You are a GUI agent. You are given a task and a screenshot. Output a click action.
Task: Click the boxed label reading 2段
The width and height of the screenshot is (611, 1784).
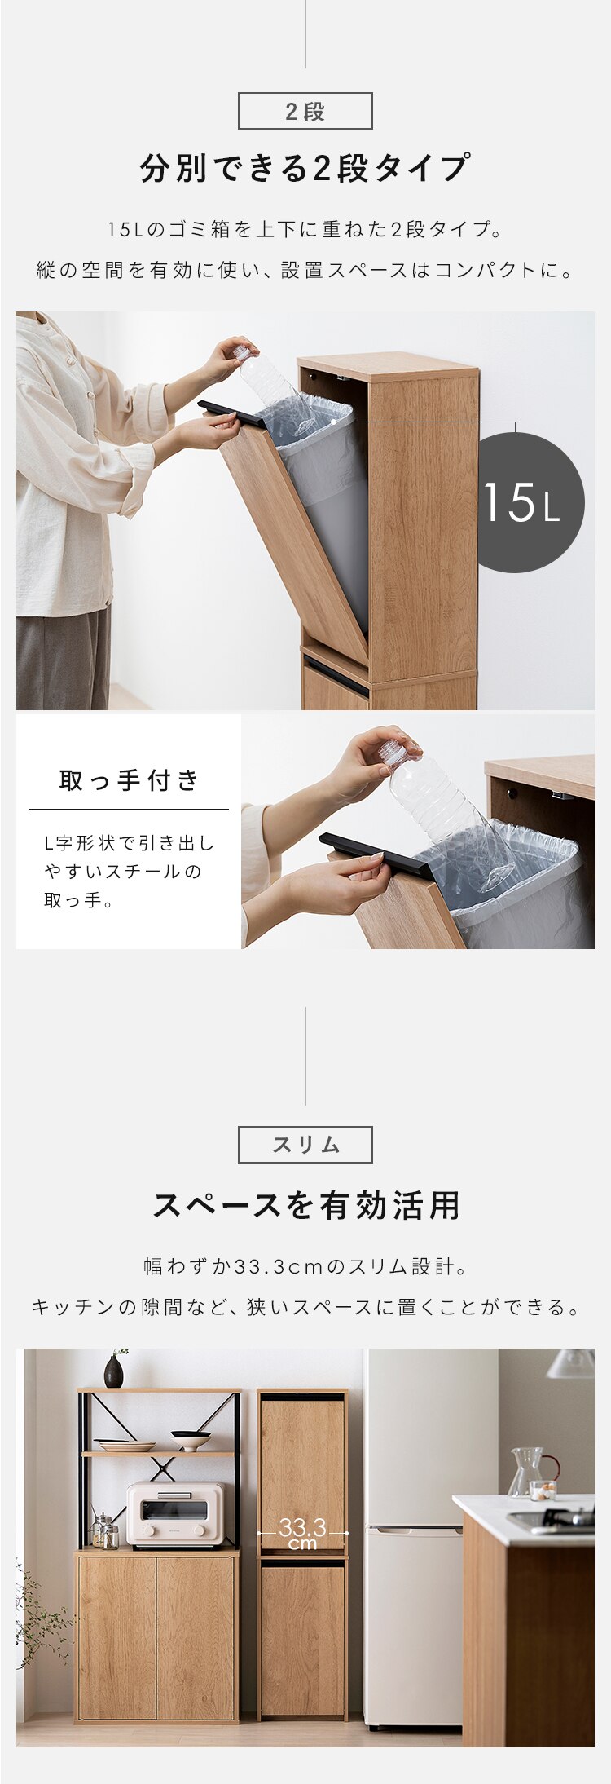coord(305,111)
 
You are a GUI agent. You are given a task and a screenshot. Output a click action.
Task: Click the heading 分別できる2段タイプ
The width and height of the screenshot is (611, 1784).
coord(305,168)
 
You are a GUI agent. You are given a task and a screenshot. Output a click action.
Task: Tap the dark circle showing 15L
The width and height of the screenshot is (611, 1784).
coord(530,501)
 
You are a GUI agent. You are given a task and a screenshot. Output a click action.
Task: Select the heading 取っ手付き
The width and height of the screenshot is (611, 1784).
coord(129,780)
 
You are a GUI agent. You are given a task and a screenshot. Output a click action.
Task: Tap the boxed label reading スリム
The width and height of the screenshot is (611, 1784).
coord(305,1145)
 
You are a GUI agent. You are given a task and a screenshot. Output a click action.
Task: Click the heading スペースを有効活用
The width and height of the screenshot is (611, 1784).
coord(305,1205)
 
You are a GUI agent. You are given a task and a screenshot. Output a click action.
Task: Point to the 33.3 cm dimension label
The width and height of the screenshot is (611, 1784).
coord(302,1533)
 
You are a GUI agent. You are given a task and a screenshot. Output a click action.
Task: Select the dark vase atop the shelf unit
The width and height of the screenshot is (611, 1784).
coord(114,1371)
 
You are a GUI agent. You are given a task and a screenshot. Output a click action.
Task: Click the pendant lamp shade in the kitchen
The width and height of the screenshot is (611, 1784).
coord(572,1362)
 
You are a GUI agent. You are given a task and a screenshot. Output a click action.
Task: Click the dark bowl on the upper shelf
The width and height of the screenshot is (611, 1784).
coord(190,1440)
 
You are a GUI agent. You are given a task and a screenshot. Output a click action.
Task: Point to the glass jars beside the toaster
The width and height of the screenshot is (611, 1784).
coord(104,1532)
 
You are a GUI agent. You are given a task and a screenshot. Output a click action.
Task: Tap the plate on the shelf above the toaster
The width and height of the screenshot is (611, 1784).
coord(125,1446)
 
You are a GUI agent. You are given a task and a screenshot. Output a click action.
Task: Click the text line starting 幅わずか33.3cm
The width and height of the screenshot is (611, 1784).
coord(305,1267)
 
